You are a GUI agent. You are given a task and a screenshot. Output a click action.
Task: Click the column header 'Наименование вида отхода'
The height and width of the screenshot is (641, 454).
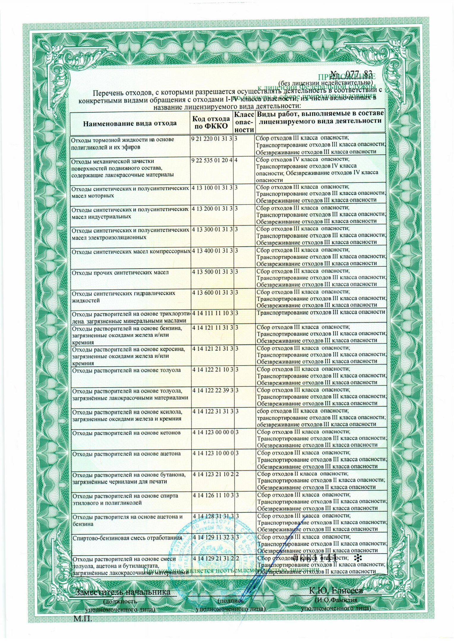(130, 123)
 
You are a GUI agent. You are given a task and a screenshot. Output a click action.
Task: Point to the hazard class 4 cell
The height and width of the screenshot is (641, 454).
(236, 161)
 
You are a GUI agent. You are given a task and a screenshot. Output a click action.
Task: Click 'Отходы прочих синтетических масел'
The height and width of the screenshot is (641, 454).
(120, 272)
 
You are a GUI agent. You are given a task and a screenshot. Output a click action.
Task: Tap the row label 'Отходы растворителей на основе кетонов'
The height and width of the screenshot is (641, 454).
(126, 433)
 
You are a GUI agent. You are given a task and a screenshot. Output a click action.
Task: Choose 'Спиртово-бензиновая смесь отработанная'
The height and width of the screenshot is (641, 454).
(127, 538)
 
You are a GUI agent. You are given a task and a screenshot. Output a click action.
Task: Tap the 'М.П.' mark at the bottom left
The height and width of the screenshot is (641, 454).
(83, 619)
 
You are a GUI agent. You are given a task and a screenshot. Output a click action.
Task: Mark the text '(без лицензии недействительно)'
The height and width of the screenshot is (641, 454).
(325, 82)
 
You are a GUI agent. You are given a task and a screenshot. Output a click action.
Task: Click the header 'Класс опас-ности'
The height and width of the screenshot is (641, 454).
(244, 122)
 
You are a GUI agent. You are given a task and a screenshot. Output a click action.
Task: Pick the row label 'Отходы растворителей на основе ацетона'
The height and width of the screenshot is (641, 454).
(126, 454)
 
